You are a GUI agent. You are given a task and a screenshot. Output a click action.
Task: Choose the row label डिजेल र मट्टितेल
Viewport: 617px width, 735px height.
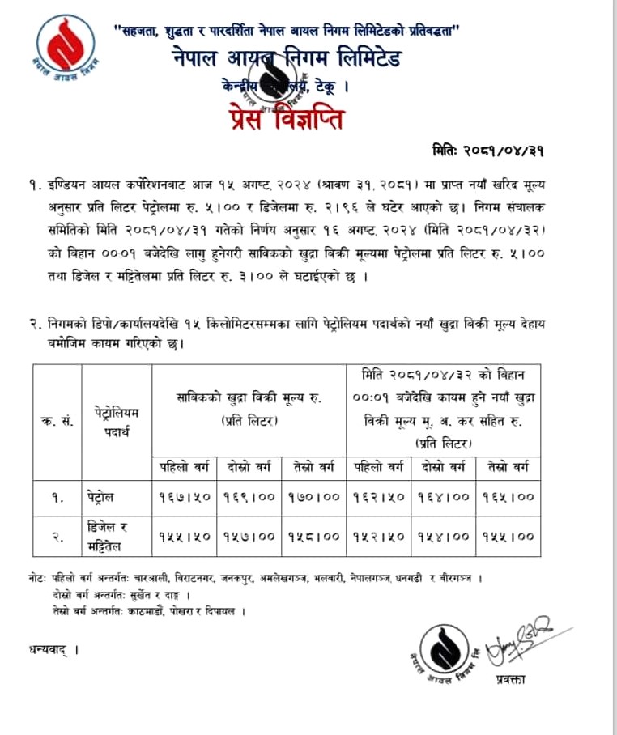[x=109, y=535]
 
